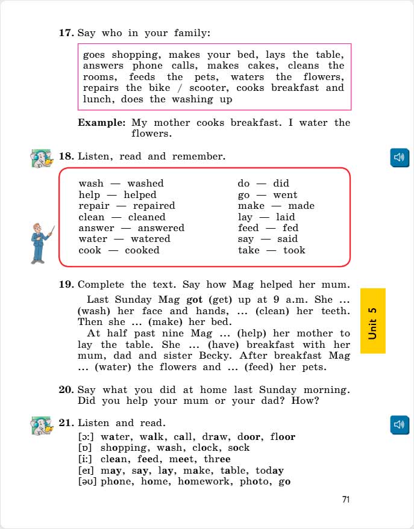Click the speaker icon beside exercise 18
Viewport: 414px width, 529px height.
coord(400,158)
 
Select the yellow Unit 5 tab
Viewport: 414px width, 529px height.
coord(373,321)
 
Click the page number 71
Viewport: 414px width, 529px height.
coord(345,499)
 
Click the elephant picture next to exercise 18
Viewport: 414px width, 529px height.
coord(42,159)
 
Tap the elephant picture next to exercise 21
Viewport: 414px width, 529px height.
coord(42,425)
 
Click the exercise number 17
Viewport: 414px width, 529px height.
coord(66,32)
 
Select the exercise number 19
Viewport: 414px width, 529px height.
coord(66,285)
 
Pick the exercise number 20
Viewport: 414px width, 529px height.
coord(66,390)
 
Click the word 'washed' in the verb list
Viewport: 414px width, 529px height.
coord(145,184)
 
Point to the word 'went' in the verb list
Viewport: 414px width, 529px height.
coord(285,195)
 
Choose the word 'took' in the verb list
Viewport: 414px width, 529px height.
coord(294,250)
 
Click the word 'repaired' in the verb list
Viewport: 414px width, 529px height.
coord(154,206)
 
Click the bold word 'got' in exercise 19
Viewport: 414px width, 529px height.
coord(194,300)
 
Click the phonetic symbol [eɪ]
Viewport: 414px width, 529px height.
coord(87,471)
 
